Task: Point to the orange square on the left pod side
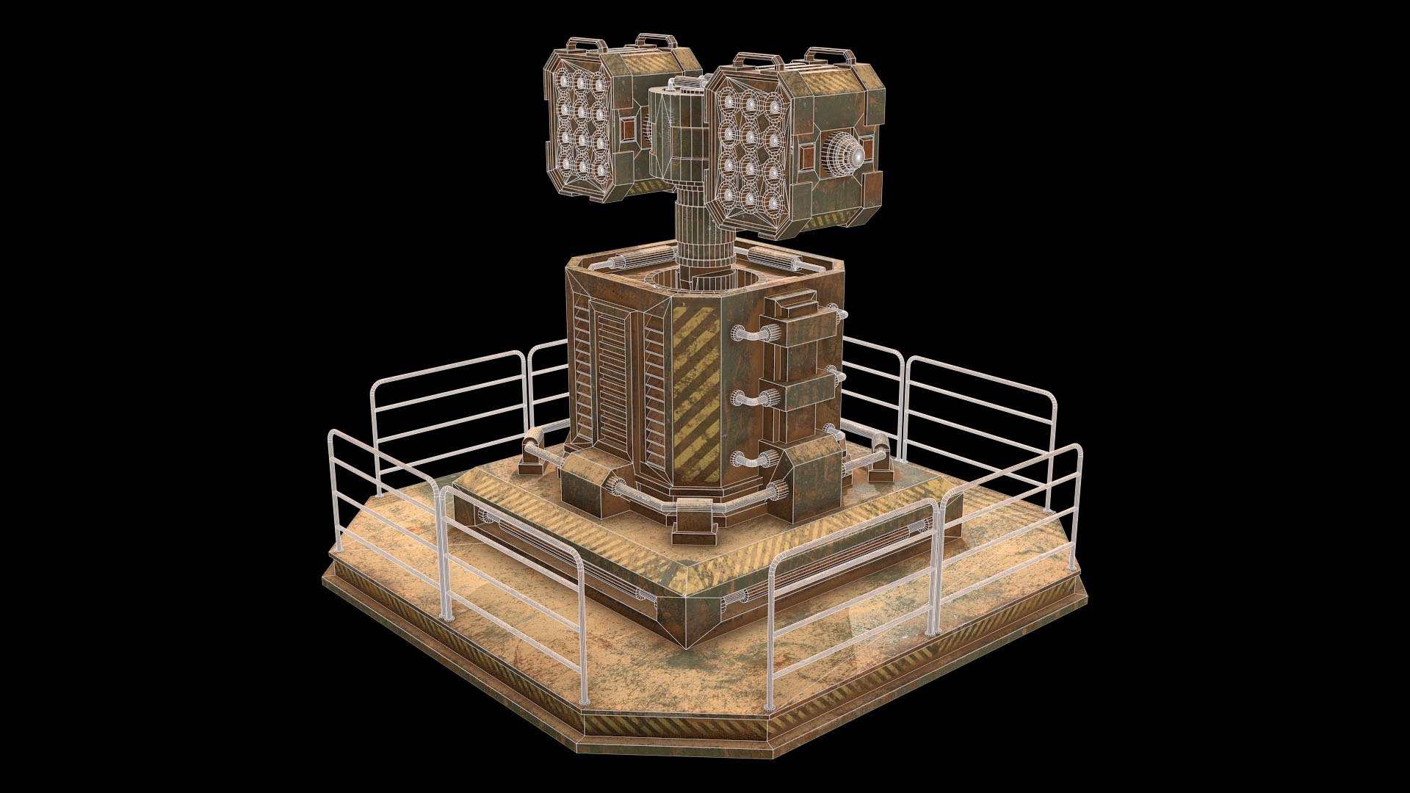[631, 133]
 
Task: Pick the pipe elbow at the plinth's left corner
[533, 442]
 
